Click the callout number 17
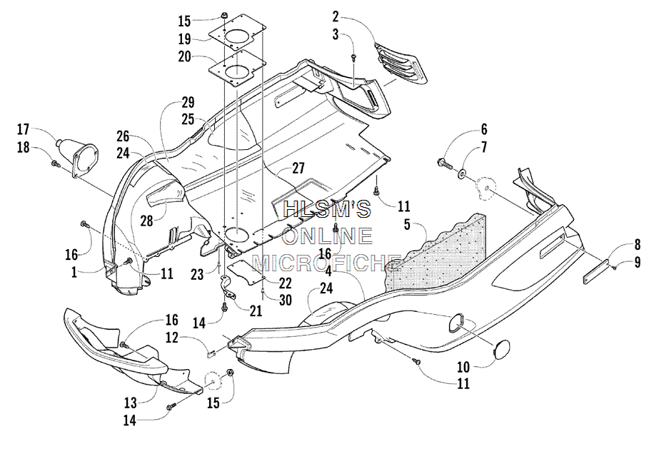(23, 129)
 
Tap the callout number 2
(336, 17)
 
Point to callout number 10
(463, 367)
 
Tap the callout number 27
(298, 168)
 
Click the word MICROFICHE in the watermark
(328, 263)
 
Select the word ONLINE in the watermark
(328, 236)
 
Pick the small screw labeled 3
(353, 56)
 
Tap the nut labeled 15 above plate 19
(223, 16)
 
